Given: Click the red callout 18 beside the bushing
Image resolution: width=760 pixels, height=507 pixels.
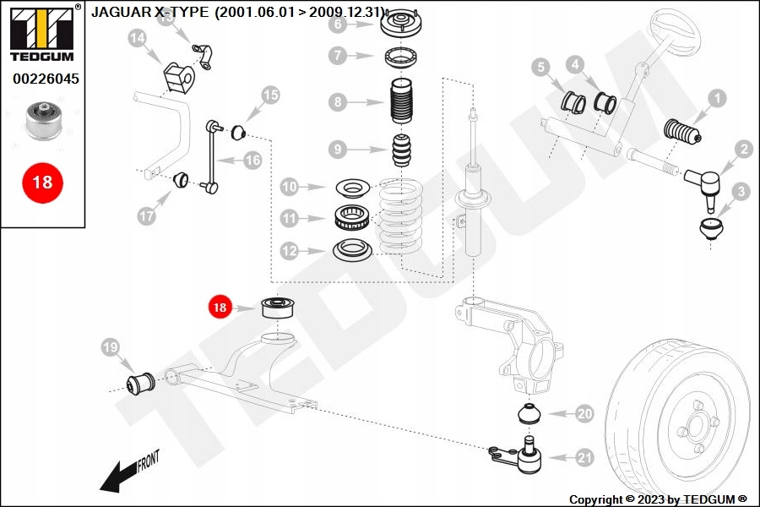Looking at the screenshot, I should tap(220, 308).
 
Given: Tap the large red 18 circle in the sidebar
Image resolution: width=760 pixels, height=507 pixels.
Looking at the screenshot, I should tap(41, 182).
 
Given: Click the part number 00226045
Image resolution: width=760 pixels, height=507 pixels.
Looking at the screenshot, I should tap(45, 79).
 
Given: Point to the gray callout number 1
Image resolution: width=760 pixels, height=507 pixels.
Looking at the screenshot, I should tap(716, 99).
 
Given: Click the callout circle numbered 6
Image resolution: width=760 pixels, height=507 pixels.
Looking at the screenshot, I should tap(338, 24).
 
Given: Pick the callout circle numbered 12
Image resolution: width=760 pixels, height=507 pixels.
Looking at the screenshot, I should tap(290, 250).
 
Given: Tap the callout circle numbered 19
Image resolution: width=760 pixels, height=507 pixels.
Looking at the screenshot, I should tap(110, 346).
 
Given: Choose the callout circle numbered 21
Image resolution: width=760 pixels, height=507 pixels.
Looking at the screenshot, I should tap(584, 459).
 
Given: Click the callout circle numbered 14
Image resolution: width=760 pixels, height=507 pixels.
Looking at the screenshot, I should tap(138, 37).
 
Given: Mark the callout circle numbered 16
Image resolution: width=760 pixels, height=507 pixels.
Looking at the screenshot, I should tap(253, 160).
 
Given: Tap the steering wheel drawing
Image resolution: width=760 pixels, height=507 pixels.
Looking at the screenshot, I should tap(672, 34).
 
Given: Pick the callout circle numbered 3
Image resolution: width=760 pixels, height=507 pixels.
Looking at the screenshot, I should tap(741, 192).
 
